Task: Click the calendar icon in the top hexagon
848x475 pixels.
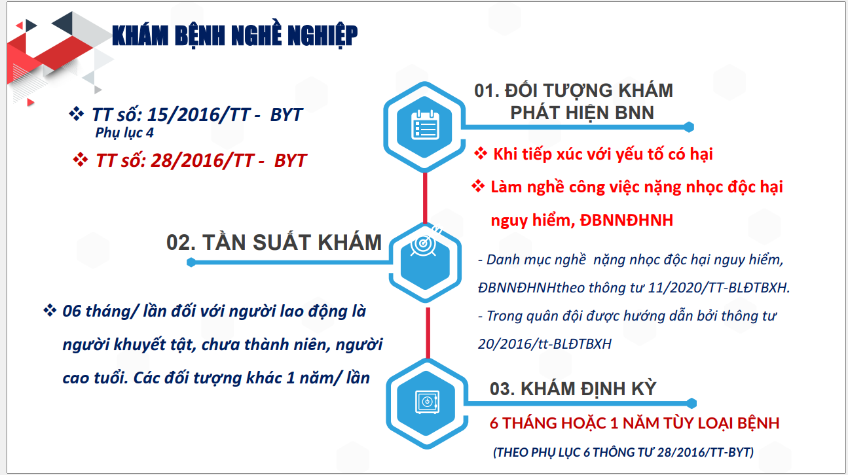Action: (x=425, y=125)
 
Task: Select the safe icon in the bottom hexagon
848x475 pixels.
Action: (x=428, y=402)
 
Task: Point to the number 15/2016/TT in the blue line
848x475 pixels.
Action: (x=198, y=114)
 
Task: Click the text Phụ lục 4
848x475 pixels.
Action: (x=124, y=133)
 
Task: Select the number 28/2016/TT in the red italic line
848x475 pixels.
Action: (x=202, y=160)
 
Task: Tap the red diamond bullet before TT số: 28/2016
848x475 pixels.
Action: (x=81, y=160)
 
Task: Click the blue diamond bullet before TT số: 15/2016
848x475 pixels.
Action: (x=77, y=114)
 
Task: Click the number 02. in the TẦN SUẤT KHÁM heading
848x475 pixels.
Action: (x=181, y=243)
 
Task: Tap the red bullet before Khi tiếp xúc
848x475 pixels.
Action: (x=481, y=154)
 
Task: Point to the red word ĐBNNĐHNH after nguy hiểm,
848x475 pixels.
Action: (x=626, y=220)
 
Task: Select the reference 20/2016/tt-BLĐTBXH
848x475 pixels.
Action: (x=544, y=344)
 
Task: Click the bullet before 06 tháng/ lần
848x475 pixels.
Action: (x=50, y=310)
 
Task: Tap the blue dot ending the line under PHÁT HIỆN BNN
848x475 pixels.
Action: (x=689, y=127)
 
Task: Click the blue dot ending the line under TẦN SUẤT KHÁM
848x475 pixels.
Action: (x=191, y=262)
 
